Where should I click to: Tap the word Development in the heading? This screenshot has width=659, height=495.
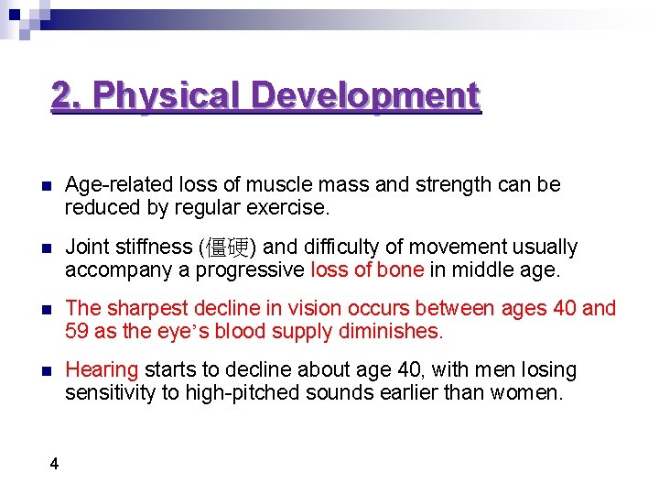(365, 95)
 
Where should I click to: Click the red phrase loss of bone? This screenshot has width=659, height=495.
(367, 269)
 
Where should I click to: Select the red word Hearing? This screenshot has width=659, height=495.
(102, 370)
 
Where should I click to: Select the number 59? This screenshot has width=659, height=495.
(76, 331)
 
